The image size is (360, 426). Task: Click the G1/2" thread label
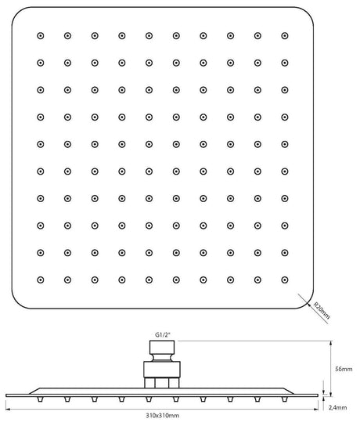163,334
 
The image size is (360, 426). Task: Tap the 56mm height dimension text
344,369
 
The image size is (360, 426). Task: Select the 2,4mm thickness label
338,407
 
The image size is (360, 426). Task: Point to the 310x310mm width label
162,415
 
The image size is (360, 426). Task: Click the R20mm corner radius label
322,310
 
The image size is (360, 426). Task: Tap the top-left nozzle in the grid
41,36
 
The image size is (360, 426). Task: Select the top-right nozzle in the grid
285,36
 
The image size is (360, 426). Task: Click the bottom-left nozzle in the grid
41,280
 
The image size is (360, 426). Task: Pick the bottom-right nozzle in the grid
285,280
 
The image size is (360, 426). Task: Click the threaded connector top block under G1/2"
162,347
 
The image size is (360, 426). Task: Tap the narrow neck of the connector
162,358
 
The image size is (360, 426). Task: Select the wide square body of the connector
162,370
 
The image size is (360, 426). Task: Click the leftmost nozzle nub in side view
40,399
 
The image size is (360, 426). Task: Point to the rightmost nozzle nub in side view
284,399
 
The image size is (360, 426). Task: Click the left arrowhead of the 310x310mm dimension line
8,409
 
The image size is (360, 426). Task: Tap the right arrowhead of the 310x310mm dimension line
315,409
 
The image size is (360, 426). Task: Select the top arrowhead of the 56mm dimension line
330,343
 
